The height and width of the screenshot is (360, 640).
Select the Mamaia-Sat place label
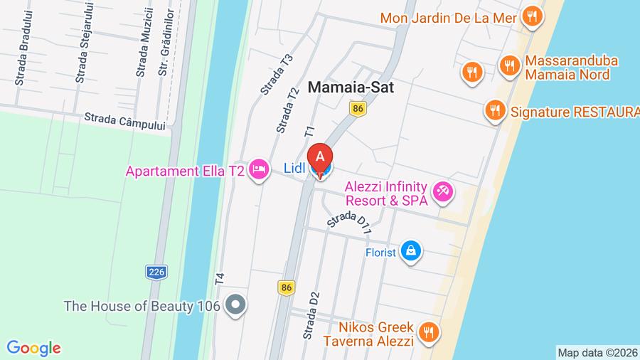[x=351, y=87]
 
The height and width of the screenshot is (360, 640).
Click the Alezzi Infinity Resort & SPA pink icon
[x=444, y=191]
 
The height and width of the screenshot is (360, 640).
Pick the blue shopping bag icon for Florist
[x=411, y=251]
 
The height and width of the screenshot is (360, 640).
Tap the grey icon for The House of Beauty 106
[x=234, y=306]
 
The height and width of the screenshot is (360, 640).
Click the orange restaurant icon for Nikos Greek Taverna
[x=428, y=332]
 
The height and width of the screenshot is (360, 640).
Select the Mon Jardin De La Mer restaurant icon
[x=530, y=16]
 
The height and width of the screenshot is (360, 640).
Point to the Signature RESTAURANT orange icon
[x=494, y=110]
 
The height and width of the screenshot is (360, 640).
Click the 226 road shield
[x=156, y=271]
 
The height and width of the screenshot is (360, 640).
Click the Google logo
[x=33, y=348]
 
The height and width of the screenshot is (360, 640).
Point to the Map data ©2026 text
[x=597, y=352]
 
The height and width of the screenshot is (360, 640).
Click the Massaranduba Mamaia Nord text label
[x=571, y=68]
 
